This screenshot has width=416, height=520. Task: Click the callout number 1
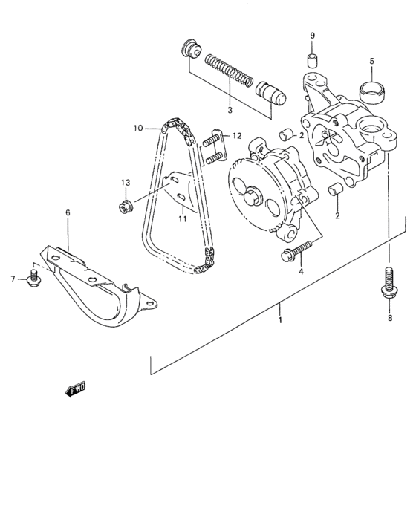pyautogui.click(x=279, y=320)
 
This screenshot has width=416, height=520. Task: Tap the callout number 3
pyautogui.click(x=230, y=111)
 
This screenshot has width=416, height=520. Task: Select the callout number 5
pyautogui.click(x=372, y=62)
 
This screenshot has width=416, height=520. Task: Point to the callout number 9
pyautogui.click(x=313, y=36)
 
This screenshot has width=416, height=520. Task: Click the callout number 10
pyautogui.click(x=138, y=128)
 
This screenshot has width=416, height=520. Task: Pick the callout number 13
pyautogui.click(x=125, y=182)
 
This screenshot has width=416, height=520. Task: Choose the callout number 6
pyautogui.click(x=68, y=212)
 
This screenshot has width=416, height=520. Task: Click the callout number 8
pyautogui.click(x=389, y=318)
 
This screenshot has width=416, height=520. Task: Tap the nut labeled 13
pyautogui.click(x=126, y=204)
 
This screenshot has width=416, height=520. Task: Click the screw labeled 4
pyautogui.click(x=294, y=252)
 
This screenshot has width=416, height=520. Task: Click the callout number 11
pyautogui.click(x=181, y=219)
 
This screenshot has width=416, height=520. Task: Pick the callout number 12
pyautogui.click(x=236, y=136)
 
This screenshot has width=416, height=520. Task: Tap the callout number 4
pyautogui.click(x=301, y=272)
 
